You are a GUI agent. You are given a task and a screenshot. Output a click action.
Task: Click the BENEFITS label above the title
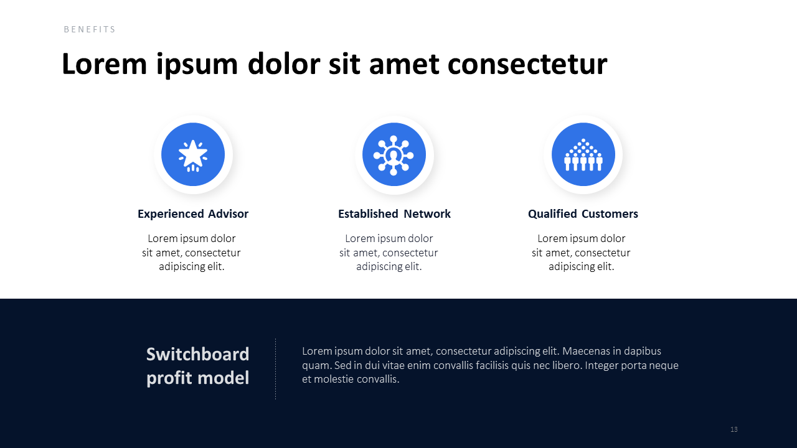coord(90,29)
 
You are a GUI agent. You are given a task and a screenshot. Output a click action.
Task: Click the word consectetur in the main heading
coord(527,65)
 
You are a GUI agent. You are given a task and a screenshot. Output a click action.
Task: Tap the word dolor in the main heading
coord(283,64)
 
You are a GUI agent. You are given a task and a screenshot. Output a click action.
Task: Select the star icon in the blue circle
coord(193,156)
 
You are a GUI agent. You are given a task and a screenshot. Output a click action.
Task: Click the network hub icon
coord(394,155)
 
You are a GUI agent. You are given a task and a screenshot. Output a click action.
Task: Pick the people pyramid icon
coord(583,155)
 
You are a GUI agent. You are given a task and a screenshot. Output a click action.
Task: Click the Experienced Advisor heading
coord(193,213)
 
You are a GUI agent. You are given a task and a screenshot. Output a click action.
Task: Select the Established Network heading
coord(394,213)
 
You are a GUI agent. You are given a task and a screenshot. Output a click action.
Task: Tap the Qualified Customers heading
coord(583,213)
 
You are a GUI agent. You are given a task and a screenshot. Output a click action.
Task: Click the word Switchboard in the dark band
coord(198,354)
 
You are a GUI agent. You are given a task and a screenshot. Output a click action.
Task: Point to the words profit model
coord(198,378)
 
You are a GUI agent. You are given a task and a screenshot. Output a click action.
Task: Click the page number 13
coord(733,429)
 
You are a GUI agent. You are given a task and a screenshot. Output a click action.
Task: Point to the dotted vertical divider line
coord(275,369)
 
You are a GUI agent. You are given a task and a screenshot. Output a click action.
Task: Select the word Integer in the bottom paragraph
coord(601,365)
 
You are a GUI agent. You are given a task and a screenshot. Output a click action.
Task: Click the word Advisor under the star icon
coord(228,213)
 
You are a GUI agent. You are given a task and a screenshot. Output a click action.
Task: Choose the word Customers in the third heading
coord(610,213)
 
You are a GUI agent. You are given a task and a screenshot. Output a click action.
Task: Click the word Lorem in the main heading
coord(104,64)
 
